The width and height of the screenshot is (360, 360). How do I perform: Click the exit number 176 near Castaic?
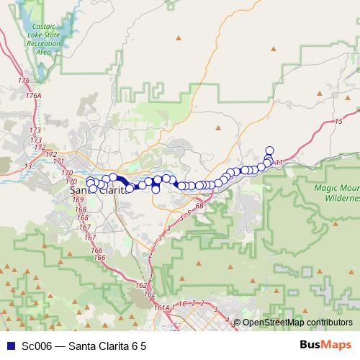25,80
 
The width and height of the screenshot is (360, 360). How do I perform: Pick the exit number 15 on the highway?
338,122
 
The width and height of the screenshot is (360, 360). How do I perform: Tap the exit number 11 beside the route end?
279,161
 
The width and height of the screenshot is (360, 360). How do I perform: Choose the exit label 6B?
199,207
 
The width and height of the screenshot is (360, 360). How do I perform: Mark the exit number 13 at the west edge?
28,166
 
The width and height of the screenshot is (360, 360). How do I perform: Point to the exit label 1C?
183,304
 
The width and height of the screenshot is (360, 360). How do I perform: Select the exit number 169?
78,199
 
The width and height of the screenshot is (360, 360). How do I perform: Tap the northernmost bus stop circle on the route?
270,150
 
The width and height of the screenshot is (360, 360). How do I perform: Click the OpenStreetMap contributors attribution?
297,323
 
